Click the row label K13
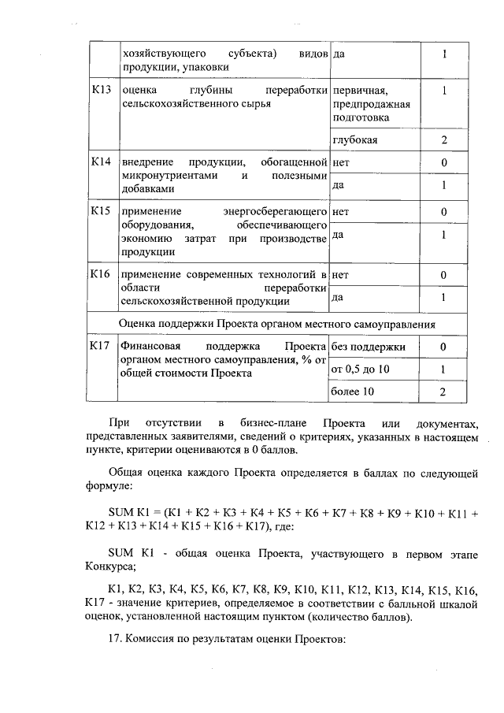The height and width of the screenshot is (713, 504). [101, 90]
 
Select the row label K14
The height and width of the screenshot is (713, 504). [101, 162]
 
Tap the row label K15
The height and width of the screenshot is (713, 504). [101, 212]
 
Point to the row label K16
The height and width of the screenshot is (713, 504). [101, 274]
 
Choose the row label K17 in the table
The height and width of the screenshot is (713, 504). [101, 346]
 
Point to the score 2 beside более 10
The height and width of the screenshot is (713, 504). [444, 392]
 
